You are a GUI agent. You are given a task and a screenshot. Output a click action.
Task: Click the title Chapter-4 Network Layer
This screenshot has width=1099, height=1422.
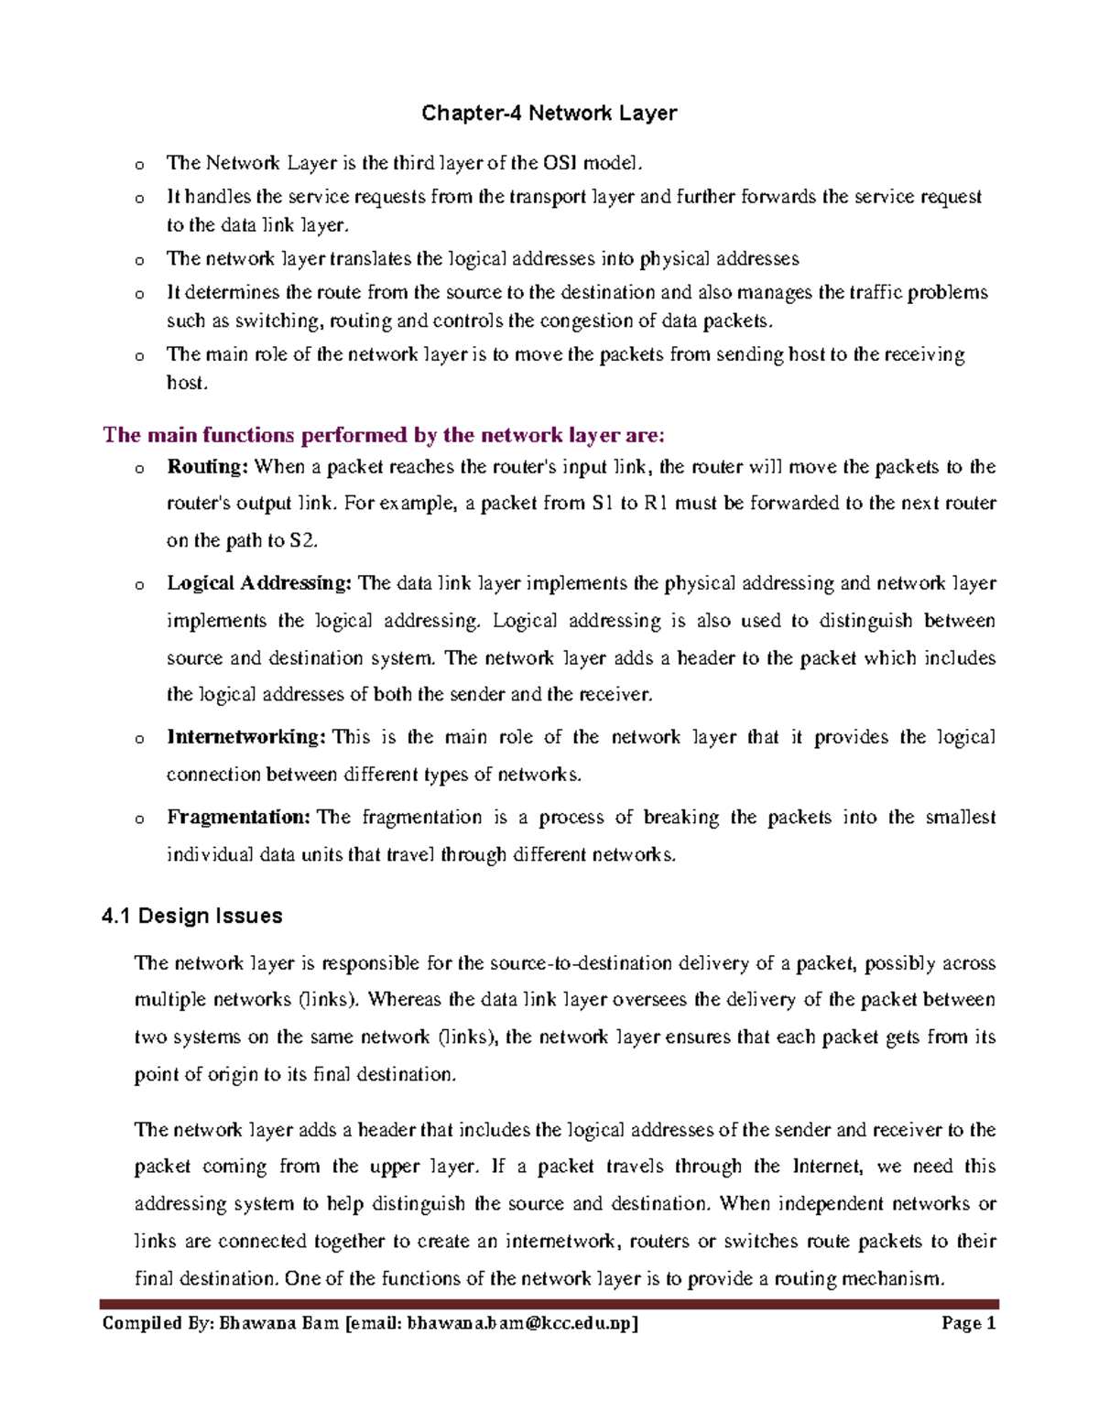(549, 114)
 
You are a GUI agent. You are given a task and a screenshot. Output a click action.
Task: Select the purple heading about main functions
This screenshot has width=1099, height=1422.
(384, 434)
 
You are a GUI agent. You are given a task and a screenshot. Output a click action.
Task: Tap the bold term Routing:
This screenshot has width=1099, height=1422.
(207, 467)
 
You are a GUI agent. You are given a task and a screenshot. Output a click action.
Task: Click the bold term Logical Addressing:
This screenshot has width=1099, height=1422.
(258, 583)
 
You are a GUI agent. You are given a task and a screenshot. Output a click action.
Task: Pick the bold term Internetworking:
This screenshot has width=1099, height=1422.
(245, 737)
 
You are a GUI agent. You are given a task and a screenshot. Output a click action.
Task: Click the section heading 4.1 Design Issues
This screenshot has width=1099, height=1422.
(192, 916)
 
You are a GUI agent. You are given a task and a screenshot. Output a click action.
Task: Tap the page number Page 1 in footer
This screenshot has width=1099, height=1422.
(968, 1323)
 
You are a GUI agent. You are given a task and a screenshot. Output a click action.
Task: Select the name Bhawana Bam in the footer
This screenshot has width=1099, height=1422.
(278, 1323)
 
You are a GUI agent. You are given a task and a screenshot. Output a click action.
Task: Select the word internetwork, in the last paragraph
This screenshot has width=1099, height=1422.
(562, 1242)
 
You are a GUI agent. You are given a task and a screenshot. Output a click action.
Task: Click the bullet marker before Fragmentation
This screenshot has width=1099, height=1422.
(139, 820)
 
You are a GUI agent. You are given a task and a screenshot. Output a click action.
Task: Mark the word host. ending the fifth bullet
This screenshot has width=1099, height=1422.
(187, 383)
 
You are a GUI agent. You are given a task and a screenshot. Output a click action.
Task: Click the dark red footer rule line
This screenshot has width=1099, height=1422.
(549, 1304)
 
